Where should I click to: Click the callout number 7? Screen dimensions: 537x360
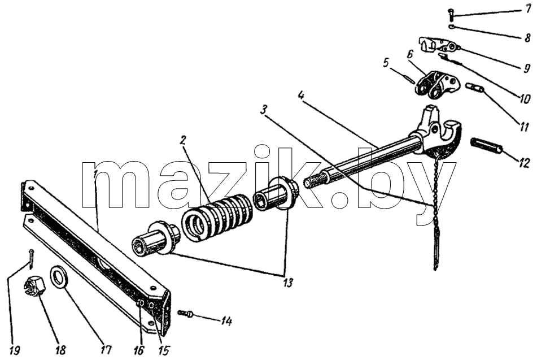click(x=529, y=9)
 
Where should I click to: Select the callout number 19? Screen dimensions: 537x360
click(x=14, y=350)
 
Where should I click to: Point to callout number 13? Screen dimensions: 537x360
click(x=288, y=283)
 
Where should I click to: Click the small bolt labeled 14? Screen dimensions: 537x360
click(x=185, y=313)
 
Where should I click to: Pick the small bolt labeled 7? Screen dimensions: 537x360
click(x=451, y=15)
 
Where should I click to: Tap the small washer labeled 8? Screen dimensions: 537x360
click(x=451, y=27)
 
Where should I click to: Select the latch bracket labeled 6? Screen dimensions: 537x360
click(x=436, y=84)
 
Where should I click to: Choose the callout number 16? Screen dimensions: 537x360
click(x=139, y=350)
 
